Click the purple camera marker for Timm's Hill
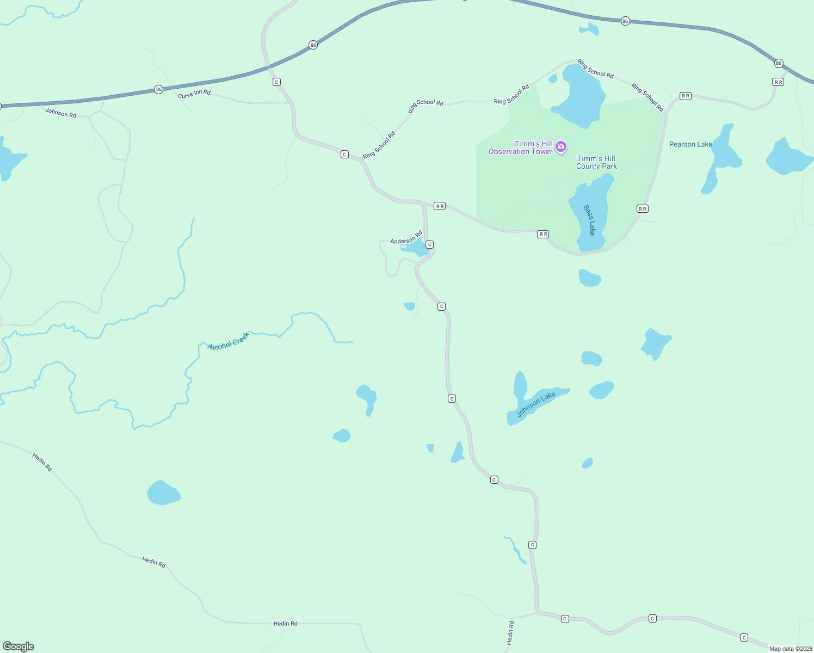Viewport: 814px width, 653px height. pos(561,146)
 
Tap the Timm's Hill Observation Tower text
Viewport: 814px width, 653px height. pos(520,147)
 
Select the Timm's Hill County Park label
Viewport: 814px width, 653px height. pos(596,162)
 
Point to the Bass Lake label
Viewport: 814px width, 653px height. pos(589,220)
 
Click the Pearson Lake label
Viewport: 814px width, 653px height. pos(690,144)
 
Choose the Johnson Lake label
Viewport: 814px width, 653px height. pos(536,404)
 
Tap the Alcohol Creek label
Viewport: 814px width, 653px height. pos(229,341)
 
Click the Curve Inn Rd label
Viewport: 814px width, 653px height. pos(194,94)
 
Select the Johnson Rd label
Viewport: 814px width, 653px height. pos(60,113)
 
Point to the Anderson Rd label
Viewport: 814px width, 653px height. pos(406,238)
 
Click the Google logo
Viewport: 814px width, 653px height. pos(18,646)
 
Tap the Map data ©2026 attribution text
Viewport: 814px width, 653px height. pos(791,649)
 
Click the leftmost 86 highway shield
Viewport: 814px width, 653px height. pos(158,89)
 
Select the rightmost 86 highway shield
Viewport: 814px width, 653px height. pos(779,63)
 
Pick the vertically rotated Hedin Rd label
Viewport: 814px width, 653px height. pos(510,633)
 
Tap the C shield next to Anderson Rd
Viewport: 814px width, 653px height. pos(429,244)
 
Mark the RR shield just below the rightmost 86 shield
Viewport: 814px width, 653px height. pos(778,82)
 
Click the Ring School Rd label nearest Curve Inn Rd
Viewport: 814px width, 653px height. pos(379,145)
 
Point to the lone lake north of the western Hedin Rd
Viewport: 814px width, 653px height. pos(163,493)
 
